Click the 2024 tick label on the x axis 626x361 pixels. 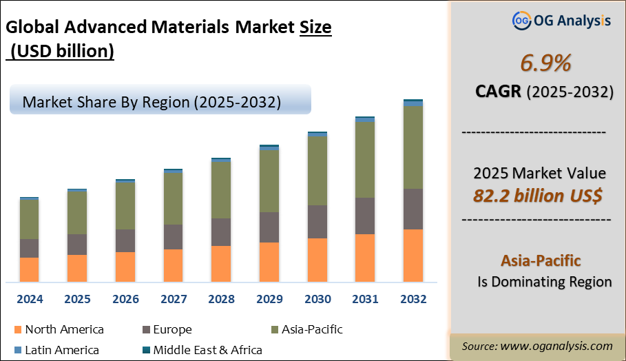(x=30, y=300)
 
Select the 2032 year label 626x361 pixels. (x=413, y=300)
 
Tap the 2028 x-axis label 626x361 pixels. (x=221, y=300)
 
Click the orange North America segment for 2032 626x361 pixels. (x=413, y=255)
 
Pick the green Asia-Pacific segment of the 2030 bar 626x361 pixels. (x=317, y=170)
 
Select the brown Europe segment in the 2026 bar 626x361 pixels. (x=125, y=240)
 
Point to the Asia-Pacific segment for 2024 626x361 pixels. (x=30, y=219)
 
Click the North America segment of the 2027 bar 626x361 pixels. (x=173, y=265)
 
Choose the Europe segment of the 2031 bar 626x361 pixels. (x=365, y=216)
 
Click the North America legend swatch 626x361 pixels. (x=18, y=330)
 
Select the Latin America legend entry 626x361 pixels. (x=61, y=350)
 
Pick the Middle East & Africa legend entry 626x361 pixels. (x=207, y=350)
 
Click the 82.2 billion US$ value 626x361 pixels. (x=538, y=195)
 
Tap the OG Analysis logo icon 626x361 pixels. (x=521, y=21)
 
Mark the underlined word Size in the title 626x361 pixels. (x=315, y=28)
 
